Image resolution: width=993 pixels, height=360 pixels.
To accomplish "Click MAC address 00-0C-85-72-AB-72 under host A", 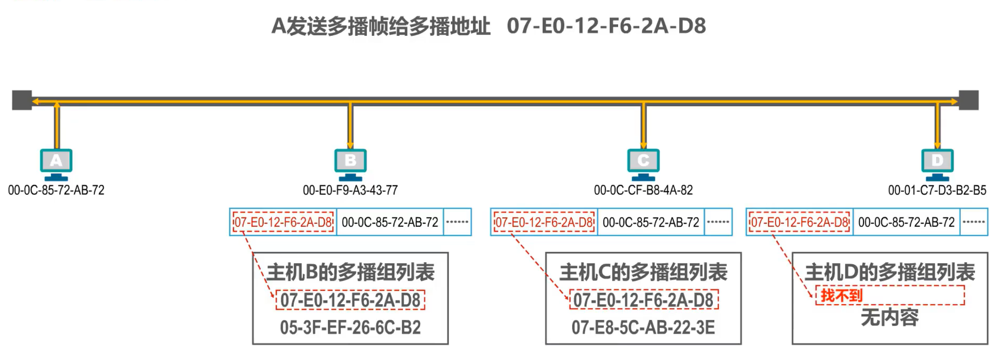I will tap(56, 191).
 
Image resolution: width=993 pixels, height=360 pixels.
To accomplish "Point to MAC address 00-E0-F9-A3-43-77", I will tap(350, 191).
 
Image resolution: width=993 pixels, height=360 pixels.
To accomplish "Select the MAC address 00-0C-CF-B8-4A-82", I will tap(643, 191).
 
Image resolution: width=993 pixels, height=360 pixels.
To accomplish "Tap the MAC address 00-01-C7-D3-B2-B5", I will tap(937, 191).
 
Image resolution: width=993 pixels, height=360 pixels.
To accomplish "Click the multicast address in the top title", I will tap(606, 26).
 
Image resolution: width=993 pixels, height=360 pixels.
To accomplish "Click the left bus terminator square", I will tap(22, 100).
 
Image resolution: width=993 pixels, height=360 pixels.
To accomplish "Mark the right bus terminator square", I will tap(968, 100).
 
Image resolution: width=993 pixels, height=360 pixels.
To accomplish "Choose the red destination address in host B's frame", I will tap(283, 222).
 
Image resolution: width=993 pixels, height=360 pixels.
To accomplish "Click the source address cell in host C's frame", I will tap(651, 222).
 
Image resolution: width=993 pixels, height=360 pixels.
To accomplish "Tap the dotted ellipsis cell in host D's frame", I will tap(974, 222).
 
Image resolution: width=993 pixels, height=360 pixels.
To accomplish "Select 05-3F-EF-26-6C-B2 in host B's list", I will tap(350, 327).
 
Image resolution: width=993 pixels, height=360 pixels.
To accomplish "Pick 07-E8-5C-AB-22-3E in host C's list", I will tap(643, 327).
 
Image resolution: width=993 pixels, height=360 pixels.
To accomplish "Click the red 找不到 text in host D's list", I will tap(841, 295).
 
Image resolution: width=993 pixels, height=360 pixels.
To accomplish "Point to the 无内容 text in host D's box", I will tap(889, 317).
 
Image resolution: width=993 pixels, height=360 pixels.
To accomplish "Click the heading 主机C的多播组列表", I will tap(643, 272).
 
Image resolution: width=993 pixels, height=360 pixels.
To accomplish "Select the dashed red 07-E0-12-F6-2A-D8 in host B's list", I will tap(350, 300).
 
